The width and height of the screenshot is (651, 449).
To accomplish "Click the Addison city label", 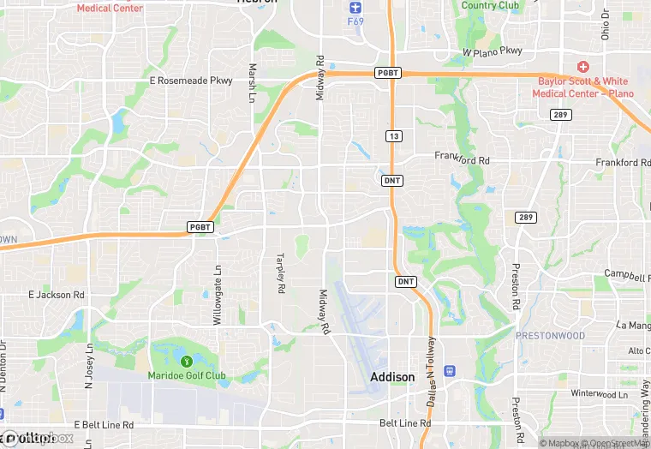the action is [392, 377].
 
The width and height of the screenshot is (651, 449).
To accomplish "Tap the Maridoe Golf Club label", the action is [186, 376].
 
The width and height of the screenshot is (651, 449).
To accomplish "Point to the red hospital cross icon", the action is [583, 67].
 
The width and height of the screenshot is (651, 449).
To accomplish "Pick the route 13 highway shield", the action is [393, 136].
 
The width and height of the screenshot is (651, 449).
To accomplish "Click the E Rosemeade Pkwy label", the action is [191, 81].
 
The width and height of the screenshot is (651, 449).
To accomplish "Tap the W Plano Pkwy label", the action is [493, 51].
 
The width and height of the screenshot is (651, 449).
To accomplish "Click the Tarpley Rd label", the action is [279, 273].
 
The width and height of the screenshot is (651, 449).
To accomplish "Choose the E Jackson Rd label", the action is [57, 295].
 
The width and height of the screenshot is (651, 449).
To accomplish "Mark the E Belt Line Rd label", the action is [104, 425].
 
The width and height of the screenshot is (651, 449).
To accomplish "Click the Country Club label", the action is [491, 5].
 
